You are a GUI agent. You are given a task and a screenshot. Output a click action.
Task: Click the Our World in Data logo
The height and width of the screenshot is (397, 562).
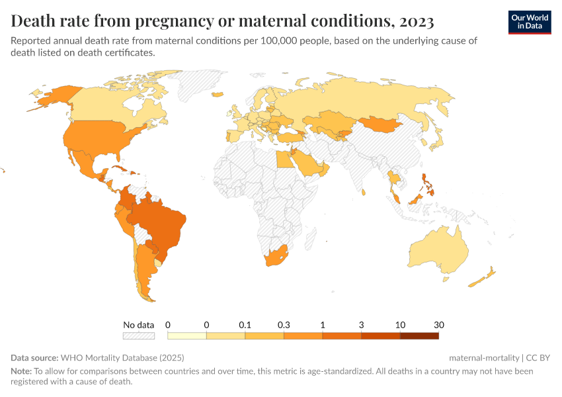click(x=529, y=22)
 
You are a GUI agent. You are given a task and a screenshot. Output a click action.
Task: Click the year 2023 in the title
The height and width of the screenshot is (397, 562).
click(x=415, y=22)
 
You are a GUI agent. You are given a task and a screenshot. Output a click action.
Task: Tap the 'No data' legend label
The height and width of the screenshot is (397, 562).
click(x=138, y=325)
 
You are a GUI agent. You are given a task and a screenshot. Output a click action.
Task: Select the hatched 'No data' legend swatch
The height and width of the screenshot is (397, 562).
click(x=138, y=335)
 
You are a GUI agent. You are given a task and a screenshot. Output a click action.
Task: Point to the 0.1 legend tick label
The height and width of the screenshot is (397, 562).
click(x=245, y=325)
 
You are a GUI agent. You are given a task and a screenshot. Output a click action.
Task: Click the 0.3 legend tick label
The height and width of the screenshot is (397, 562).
click(x=284, y=325)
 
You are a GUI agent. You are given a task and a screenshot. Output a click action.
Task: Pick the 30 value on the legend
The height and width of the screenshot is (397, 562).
click(x=438, y=325)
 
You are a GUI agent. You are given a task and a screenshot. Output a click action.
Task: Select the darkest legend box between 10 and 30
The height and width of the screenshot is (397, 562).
click(x=419, y=335)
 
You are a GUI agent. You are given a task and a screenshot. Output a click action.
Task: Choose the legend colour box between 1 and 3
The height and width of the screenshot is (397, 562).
click(x=342, y=335)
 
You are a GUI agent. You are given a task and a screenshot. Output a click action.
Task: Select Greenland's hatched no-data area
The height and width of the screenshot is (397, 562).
click(x=198, y=86)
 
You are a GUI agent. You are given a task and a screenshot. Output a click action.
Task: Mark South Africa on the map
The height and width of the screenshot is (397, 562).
click(x=275, y=257)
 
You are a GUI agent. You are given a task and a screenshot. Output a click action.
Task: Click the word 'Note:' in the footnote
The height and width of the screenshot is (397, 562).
click(x=21, y=371)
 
